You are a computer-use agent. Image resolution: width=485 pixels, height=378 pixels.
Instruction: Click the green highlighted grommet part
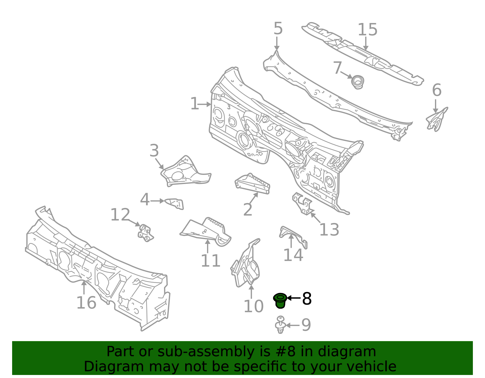[x=280, y=301]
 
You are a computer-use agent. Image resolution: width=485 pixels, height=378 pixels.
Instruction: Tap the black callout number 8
[x=307, y=298]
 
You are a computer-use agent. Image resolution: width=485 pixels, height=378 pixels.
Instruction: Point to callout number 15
[x=368, y=29]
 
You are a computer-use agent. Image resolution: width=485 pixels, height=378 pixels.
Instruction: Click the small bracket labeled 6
[x=436, y=120]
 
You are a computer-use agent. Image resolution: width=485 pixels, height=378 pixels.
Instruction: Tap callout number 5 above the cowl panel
[x=278, y=28]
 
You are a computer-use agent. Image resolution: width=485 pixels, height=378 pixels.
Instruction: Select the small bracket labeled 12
[x=145, y=233]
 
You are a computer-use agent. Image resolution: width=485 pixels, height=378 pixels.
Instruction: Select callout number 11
[x=210, y=261]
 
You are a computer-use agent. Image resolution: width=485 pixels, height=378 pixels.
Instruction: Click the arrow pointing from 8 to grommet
[x=294, y=298]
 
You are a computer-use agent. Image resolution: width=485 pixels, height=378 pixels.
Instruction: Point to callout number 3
[x=154, y=151]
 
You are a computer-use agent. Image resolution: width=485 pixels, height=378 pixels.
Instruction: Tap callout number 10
[x=253, y=306]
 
